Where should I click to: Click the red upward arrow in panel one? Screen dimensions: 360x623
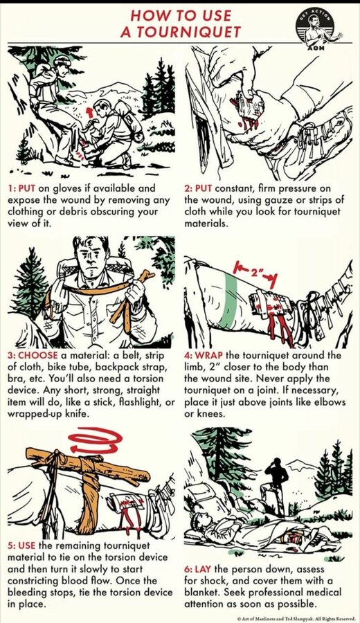pyautogui.click(x=90, y=111)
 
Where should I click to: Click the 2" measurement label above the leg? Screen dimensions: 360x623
pyautogui.click(x=255, y=273)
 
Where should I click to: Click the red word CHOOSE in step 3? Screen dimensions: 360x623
pyautogui.click(x=38, y=355)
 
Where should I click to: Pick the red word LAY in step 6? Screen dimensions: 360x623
pyautogui.click(x=203, y=569)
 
